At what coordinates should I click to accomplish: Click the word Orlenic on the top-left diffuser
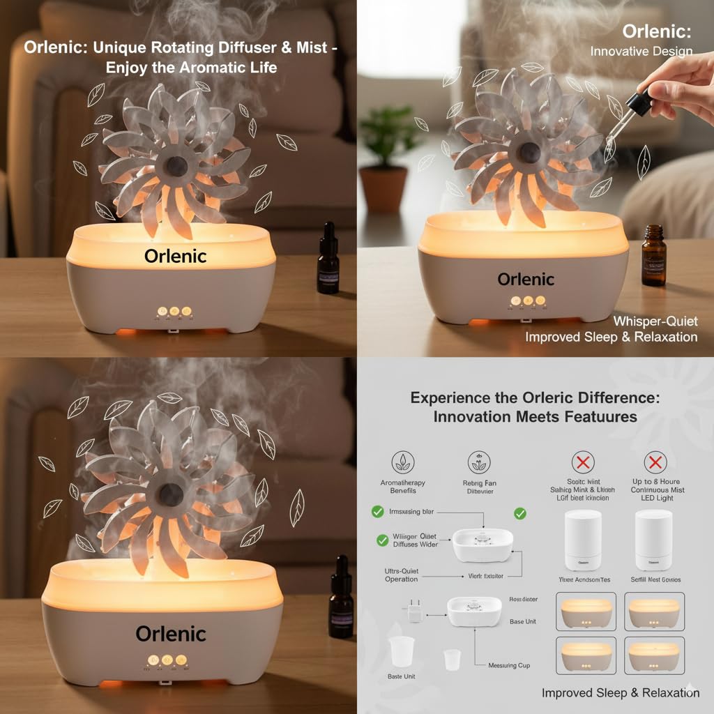(x=175, y=256)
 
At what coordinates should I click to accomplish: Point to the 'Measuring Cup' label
(x=508, y=665)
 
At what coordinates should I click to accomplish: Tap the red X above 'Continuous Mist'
(x=655, y=462)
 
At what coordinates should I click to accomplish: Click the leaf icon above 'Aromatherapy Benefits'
(x=402, y=462)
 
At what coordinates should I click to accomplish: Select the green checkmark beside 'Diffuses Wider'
(x=382, y=539)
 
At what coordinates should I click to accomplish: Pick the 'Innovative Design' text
(x=641, y=51)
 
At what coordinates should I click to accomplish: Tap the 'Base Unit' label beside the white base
(x=522, y=621)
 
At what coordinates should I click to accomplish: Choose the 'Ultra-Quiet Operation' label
(x=402, y=575)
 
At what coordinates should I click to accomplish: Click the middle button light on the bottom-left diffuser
(x=167, y=660)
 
